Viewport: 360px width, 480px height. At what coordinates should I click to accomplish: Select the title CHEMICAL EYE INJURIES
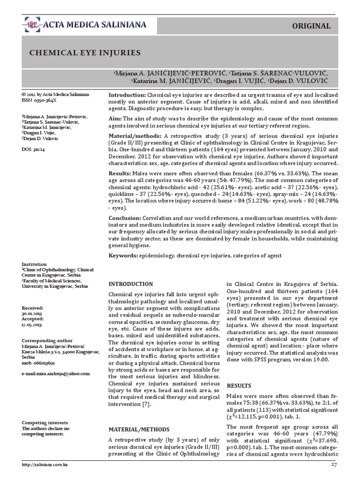85,53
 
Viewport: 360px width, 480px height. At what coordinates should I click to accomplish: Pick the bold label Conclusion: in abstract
125,218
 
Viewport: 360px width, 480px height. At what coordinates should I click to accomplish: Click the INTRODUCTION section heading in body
130,284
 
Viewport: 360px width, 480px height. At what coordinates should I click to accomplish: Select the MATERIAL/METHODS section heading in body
136,429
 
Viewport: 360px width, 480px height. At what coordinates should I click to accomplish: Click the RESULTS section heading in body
239,385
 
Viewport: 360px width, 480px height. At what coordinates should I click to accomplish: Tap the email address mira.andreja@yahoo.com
55,373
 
